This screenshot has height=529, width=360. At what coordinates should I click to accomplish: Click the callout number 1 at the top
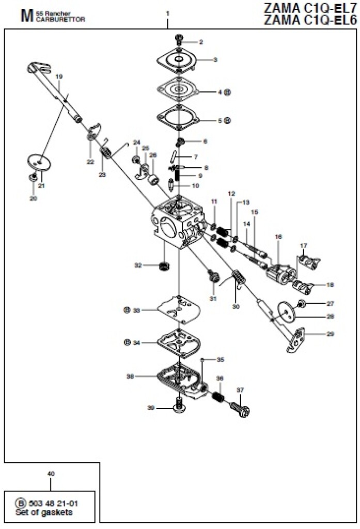click(167, 12)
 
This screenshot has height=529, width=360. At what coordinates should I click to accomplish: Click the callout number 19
click(58, 76)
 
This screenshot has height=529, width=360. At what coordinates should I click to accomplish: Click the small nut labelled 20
click(33, 177)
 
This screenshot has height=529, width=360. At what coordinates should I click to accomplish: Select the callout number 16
click(278, 237)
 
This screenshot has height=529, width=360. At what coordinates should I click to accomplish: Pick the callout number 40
click(50, 473)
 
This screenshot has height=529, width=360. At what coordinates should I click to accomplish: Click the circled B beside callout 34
click(127, 342)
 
